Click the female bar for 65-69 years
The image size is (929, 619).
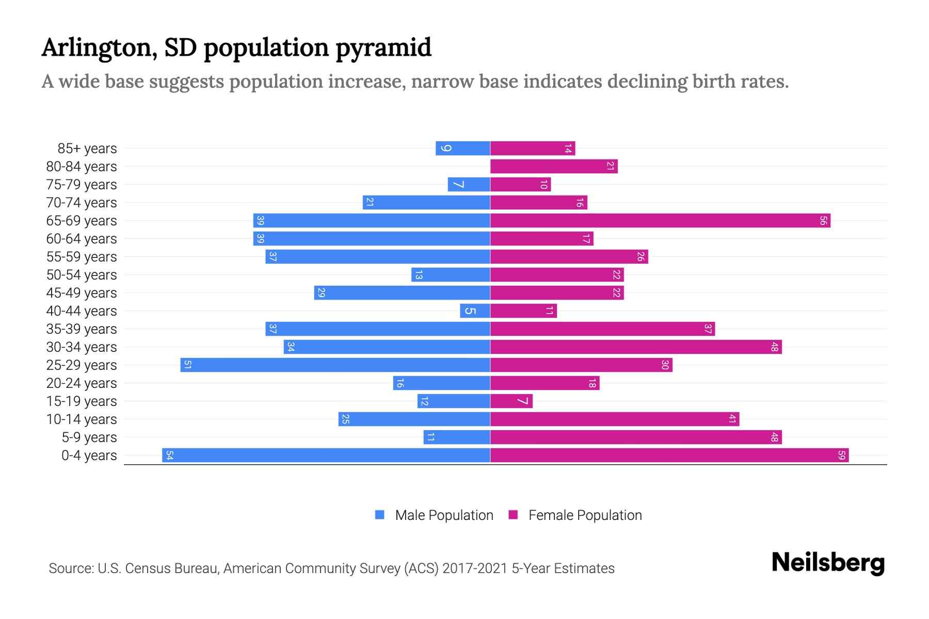click(x=660, y=221)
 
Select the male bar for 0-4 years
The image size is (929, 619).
click(x=326, y=455)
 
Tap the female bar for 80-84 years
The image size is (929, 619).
click(x=554, y=167)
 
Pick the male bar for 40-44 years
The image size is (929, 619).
click(x=475, y=311)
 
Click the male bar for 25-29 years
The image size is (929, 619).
click(x=335, y=365)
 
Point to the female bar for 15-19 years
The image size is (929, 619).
click(x=511, y=401)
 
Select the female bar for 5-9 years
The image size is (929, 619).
click(x=636, y=437)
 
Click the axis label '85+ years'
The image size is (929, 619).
click(x=87, y=149)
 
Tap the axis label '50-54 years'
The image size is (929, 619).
click(x=82, y=275)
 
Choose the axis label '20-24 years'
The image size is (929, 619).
click(x=82, y=383)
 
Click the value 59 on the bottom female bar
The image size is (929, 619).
click(x=841, y=455)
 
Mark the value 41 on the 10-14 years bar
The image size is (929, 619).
click(x=732, y=419)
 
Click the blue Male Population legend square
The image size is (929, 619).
click(x=380, y=515)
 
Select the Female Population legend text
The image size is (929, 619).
click(x=585, y=515)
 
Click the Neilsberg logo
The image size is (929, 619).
click(x=828, y=563)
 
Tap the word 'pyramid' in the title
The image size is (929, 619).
click(x=383, y=48)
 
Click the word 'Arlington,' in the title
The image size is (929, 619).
click(x=99, y=48)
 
